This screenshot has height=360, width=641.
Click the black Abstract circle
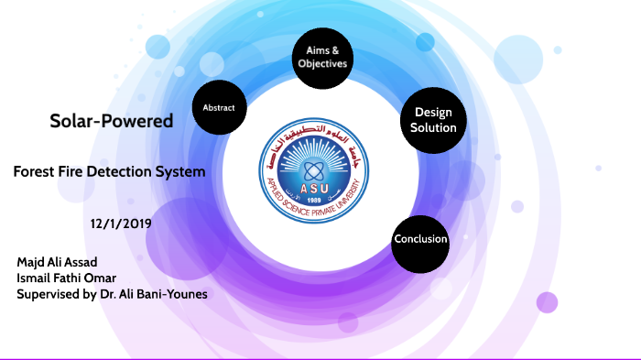pyautogui.click(x=219, y=108)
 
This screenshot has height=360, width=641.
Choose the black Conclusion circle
pyautogui.click(x=420, y=240)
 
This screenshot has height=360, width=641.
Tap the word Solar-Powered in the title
pyautogui.click(x=111, y=121)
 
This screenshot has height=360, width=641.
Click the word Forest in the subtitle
pyautogui.click(x=35, y=171)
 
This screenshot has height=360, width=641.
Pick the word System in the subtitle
pyautogui.click(x=180, y=171)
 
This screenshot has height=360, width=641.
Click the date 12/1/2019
pyautogui.click(x=121, y=223)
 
